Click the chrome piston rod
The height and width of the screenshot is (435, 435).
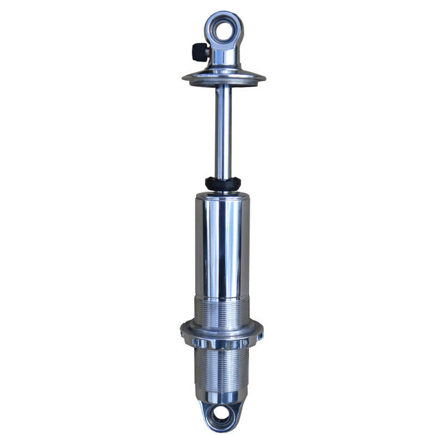coord(223,132)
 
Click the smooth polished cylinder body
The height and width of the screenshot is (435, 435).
coord(223,246)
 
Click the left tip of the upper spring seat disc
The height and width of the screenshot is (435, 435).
coord(184,78)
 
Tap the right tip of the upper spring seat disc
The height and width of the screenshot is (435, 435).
coord(264,78)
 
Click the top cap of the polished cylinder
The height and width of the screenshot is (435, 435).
coord(223,196)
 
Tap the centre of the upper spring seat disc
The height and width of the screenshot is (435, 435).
coord(223,78)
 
